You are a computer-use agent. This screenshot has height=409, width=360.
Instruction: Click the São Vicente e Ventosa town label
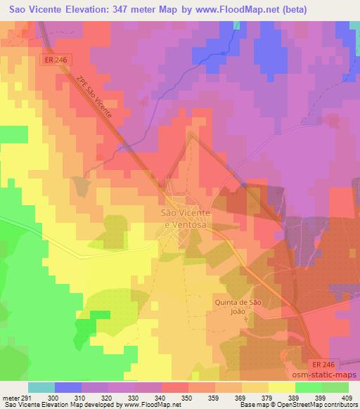(186, 218)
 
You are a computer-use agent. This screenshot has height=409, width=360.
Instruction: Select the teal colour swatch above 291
(41, 387)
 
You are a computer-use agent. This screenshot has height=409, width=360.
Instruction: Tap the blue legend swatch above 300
(67, 387)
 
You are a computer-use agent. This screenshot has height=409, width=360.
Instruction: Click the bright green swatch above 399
(308, 387)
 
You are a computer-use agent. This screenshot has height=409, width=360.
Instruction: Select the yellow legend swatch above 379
(255, 387)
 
